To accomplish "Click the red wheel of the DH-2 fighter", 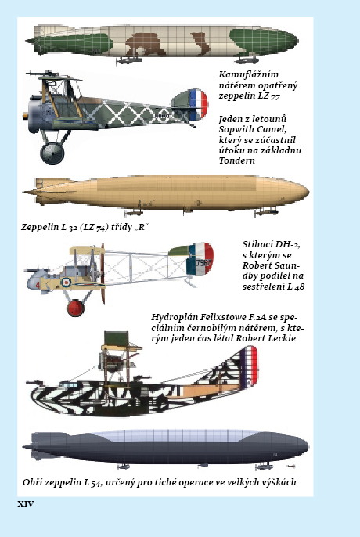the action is point(75,308).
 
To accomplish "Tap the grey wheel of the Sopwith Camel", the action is point(52,153).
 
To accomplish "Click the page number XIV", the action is point(26,504).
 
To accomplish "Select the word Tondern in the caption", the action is point(236,160).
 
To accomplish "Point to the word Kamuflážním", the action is point(249,74).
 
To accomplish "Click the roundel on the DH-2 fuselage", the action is point(65,282).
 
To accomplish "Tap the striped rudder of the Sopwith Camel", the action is point(199,104).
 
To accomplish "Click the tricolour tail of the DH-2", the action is point(200,258).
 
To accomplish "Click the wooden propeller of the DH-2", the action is point(103,273).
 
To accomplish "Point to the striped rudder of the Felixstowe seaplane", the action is point(250,366).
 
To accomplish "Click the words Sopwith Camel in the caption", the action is point(252,129).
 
